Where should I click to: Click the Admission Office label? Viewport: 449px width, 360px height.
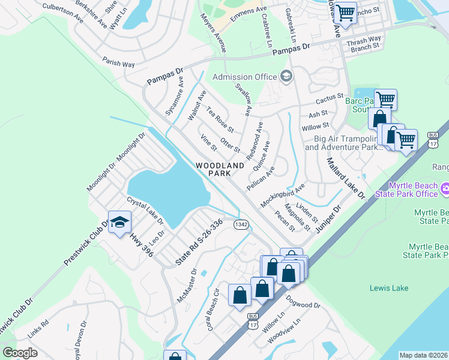coord(245,77)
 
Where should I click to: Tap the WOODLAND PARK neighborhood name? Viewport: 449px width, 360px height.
coord(220,169)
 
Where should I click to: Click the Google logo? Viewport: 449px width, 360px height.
coord(20,353)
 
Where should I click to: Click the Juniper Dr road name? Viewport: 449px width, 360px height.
coord(328,218)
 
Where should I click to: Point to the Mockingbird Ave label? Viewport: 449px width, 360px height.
coord(283,196)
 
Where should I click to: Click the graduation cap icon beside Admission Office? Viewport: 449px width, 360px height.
coord(286,76)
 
